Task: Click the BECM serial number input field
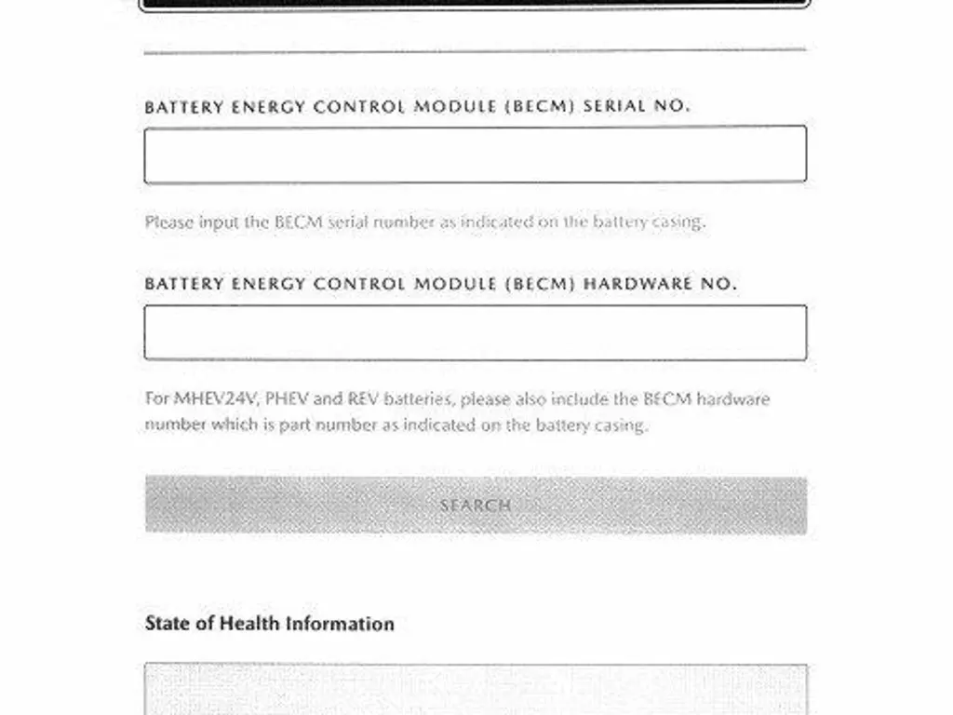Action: click(475, 155)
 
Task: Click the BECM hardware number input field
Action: click(475, 332)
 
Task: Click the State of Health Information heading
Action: click(269, 624)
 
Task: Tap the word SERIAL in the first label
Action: click(614, 106)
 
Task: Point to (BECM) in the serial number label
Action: click(539, 106)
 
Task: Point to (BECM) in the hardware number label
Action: click(539, 283)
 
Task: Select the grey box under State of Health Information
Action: click(475, 689)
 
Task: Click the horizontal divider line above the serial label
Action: click(475, 51)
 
